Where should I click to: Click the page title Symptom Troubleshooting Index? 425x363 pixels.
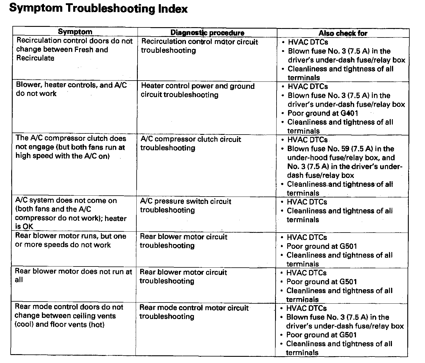pos(98,9)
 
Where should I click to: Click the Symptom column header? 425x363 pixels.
pos(75,32)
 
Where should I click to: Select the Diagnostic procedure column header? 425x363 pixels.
pos(207,33)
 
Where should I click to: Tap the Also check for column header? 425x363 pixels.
pos(343,33)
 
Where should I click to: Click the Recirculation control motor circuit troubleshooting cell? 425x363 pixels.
pos(199,46)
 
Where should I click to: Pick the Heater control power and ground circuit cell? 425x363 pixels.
pos(197,90)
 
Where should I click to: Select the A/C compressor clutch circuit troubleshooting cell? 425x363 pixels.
pos(191,143)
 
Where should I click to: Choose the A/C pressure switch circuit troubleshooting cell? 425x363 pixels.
pos(185,206)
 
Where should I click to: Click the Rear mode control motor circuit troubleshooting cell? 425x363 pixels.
pos(194,312)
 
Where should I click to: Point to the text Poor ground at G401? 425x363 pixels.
pos(323,113)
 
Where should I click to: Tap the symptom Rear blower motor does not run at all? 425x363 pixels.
pos(73,275)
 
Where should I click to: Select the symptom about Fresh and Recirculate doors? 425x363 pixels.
pos(74,49)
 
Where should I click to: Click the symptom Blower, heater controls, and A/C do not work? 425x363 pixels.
pos(71,89)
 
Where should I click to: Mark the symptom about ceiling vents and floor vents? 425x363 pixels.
pos(69,316)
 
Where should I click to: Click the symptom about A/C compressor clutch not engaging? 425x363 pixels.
pos(71,147)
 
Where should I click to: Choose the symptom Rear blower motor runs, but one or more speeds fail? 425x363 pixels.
pos(71,240)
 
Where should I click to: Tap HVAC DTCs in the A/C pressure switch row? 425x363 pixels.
pos(307,202)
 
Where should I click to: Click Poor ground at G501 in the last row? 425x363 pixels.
pos(321,335)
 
